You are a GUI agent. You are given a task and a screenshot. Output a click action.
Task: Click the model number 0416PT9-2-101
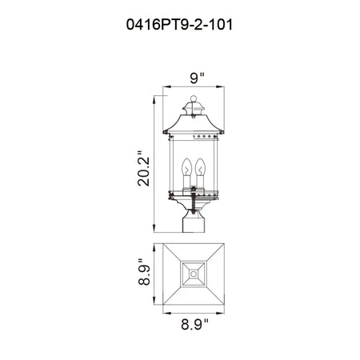(x=179, y=25)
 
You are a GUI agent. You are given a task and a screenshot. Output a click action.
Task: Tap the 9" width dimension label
(x=197, y=78)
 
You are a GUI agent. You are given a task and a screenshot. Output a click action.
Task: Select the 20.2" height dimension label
(x=144, y=167)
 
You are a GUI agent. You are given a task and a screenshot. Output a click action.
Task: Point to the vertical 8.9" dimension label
(x=144, y=272)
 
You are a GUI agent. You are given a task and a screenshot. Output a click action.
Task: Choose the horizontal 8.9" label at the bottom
(x=194, y=325)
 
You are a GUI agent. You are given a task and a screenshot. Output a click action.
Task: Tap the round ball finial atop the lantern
(x=194, y=98)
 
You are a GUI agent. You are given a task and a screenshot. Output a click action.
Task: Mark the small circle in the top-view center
(x=194, y=274)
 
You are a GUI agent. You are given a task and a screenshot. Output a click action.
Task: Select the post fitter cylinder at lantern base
(x=194, y=224)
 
